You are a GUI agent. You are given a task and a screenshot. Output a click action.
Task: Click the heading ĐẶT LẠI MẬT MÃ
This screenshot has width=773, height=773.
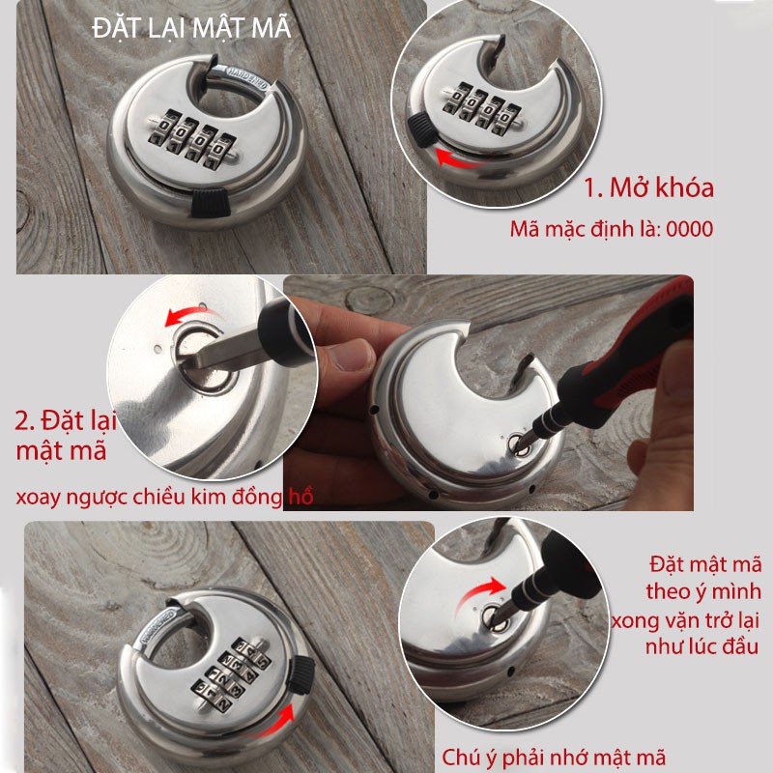tap(191, 27)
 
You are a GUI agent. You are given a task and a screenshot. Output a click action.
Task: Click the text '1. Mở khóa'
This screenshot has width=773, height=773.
tap(648, 187)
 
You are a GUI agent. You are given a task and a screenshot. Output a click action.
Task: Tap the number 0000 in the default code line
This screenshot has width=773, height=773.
tap(689, 229)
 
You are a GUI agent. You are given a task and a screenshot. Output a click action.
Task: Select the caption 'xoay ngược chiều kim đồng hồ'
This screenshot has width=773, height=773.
tap(164, 497)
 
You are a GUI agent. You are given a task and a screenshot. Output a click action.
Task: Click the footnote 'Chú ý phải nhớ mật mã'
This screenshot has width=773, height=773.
tap(554, 758)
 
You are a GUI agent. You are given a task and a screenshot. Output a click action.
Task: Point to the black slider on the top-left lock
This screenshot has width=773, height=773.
tap(211, 202)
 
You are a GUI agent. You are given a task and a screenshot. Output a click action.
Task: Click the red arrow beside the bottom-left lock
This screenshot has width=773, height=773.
tap(275, 723)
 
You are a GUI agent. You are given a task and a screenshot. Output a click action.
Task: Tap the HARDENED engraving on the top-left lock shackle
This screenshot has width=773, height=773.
tap(247, 77)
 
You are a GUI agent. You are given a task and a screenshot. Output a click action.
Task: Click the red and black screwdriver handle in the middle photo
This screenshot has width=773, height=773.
tap(631, 358)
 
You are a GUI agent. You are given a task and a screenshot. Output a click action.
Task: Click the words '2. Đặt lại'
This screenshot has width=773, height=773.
tap(66, 421)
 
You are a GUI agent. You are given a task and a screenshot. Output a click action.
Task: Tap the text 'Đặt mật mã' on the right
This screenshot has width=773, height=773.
tap(706, 564)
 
